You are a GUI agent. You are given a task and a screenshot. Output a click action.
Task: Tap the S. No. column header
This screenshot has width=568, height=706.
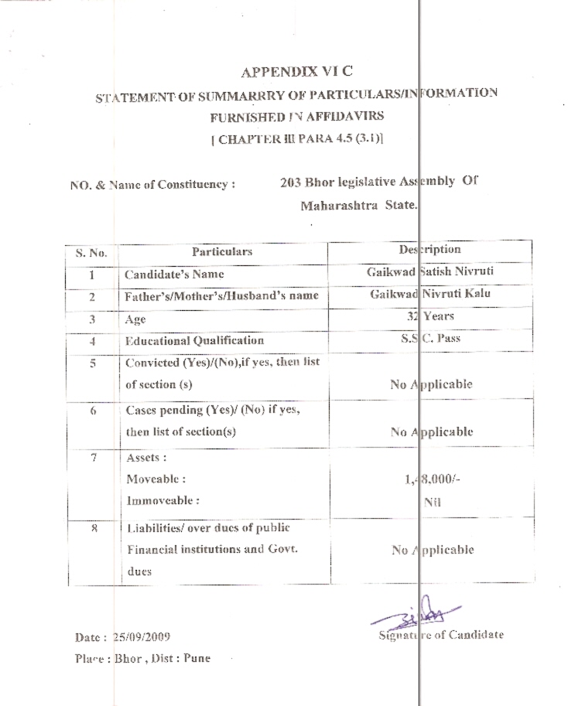(x=91, y=252)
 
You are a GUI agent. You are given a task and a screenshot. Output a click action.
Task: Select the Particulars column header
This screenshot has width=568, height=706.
(x=222, y=251)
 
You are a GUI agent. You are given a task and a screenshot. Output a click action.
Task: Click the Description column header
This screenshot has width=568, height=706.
(x=429, y=250)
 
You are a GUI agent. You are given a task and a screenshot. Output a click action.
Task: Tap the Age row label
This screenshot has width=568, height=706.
(x=135, y=319)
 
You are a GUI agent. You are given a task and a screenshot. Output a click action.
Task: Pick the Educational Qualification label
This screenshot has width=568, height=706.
(x=194, y=340)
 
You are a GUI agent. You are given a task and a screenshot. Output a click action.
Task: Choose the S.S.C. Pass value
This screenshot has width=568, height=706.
(x=430, y=338)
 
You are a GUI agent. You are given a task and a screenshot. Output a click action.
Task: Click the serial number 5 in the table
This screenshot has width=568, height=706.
(x=91, y=363)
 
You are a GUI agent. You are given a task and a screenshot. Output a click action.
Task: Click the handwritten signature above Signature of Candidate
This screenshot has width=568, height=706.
(x=417, y=616)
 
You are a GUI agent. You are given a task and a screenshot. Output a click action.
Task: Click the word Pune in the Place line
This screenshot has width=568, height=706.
(x=197, y=660)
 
